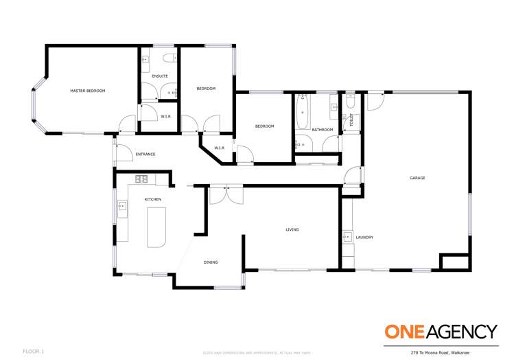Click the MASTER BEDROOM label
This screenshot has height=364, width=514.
(88, 91)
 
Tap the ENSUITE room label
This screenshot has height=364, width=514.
(160, 76)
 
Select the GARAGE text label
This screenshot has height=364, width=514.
(417, 178)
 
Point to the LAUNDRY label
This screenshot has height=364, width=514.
(364, 238)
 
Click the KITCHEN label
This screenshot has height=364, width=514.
(152, 199)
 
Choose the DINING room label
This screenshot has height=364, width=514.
(211, 262)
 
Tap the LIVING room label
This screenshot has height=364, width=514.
(292, 229)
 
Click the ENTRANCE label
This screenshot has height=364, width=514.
(145, 154)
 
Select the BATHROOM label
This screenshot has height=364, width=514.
(322, 130)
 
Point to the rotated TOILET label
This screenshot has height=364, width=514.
(352, 120)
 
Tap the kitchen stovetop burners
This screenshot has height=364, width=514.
(141, 179)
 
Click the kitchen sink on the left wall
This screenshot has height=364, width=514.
(121, 205)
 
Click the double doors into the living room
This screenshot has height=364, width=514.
(226, 194)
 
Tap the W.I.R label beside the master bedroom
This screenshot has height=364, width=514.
(166, 117)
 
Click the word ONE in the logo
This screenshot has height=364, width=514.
(406, 332)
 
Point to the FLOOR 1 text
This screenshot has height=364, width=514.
(33, 352)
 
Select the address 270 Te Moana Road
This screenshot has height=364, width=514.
(453, 352)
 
